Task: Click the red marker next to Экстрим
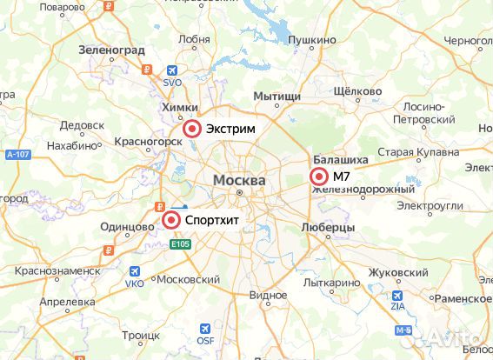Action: pos(192,130)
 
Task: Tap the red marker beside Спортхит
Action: pos(171,221)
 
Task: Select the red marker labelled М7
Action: pos(319,177)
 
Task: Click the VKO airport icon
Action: pos(135,272)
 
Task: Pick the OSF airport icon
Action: pos(205,329)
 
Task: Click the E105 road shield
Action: pos(180,244)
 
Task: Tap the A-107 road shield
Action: pos(17,155)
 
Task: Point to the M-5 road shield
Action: pos(402,330)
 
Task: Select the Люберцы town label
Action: pos(327,227)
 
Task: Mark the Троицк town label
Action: pos(141,335)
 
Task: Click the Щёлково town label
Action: pos(357,91)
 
